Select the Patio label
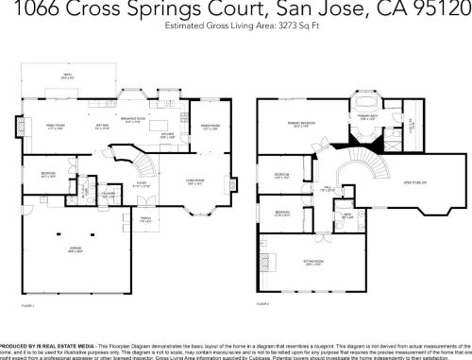67,75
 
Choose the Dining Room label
210,125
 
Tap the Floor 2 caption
265,304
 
